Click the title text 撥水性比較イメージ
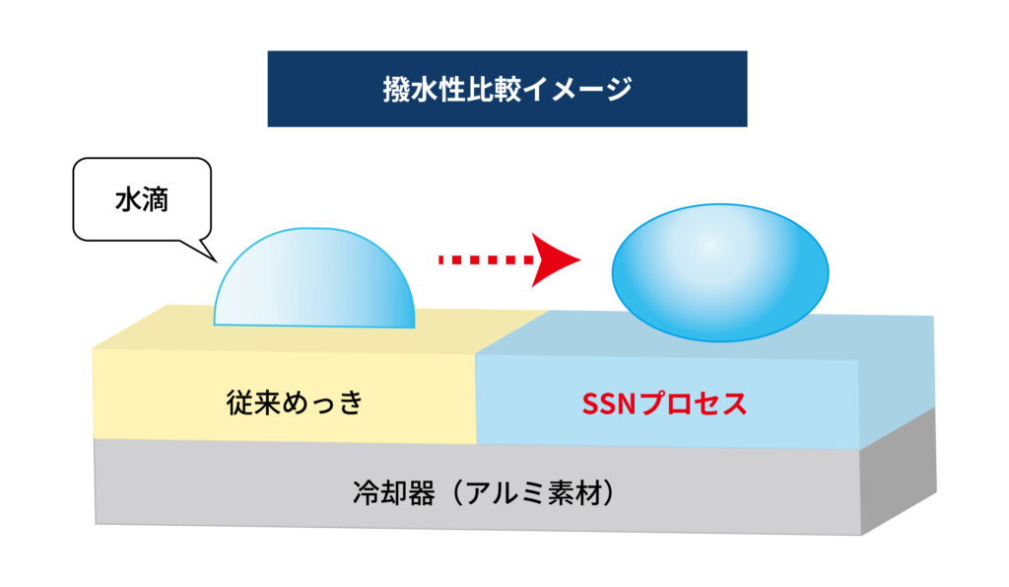coord(507,89)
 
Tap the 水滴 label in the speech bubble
coord(142,199)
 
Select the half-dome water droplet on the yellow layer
coord(314,277)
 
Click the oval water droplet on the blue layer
coord(720,272)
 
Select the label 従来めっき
coord(295,403)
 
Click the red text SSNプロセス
coord(664,404)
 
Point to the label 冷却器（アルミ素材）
coord(483,493)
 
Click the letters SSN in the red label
coord(609,404)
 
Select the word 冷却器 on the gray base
coord(394,493)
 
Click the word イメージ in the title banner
coord(577,89)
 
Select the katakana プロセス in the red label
coord(694,404)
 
